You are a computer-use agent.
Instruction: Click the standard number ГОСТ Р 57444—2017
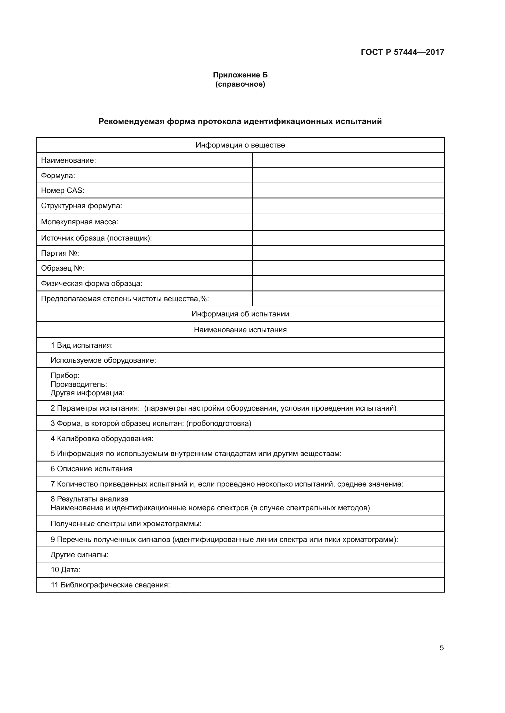402,52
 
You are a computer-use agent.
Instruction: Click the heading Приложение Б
240,75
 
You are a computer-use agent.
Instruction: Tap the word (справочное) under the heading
240,84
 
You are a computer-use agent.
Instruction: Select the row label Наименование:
68,161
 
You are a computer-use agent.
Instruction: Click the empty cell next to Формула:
348,176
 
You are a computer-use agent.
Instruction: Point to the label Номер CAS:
63,191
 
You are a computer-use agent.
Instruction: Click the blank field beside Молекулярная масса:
348,222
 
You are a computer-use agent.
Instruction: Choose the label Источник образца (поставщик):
96,238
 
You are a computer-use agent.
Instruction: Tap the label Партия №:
60,253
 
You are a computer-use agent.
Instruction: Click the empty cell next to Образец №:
348,268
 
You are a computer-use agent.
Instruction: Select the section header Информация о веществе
240,145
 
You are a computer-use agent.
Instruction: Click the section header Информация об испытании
240,314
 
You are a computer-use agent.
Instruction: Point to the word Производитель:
79,384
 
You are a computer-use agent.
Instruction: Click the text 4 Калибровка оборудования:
102,438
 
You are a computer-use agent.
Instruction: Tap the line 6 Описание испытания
91,469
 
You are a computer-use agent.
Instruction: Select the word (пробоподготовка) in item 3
219,424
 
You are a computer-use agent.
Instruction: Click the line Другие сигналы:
80,554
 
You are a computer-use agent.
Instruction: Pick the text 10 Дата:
66,570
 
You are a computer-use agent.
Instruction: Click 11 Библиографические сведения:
111,585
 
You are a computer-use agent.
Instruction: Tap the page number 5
441,648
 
